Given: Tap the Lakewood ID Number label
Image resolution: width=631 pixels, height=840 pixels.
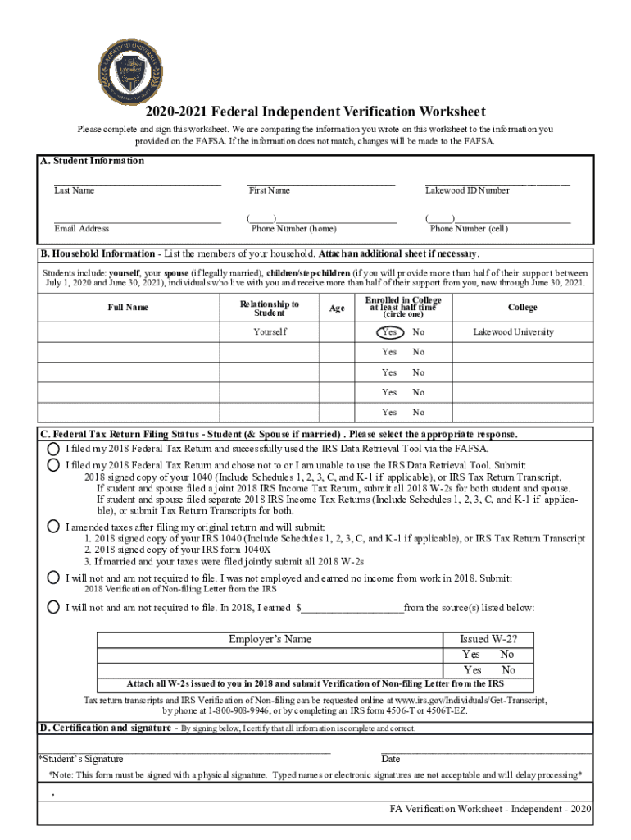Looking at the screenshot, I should tap(467, 191).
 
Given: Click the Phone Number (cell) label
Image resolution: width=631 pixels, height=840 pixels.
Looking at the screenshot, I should tap(469, 229).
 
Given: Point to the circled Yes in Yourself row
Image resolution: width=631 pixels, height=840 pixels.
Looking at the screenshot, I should tap(389, 332).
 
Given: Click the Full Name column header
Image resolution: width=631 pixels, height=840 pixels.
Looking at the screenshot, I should tap(128, 308).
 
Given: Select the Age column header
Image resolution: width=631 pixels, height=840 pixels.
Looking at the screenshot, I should tap(337, 308).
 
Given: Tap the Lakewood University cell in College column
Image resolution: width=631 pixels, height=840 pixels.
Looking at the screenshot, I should tap(513, 332).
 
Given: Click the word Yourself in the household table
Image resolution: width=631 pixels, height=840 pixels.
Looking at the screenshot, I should tap(270, 332).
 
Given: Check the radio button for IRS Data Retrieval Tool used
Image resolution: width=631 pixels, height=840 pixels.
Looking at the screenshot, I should tap(53, 449).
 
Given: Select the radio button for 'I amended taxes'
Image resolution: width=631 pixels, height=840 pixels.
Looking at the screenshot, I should tap(53, 526).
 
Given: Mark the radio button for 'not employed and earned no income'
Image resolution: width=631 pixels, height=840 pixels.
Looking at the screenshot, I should tap(53, 577).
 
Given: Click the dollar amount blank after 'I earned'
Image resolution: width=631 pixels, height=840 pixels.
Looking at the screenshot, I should tap(352, 609).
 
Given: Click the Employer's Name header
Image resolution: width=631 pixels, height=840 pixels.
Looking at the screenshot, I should tap(270, 640).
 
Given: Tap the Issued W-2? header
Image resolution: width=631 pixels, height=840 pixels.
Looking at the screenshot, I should tap(488, 640).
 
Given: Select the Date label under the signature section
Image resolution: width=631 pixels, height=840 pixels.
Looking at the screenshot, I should tap(391, 759).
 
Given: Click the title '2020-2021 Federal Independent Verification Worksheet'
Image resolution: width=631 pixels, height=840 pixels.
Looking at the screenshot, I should tap(315, 112).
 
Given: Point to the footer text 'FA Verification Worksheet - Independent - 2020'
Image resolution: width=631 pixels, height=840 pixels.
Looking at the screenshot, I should tap(490, 809).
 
